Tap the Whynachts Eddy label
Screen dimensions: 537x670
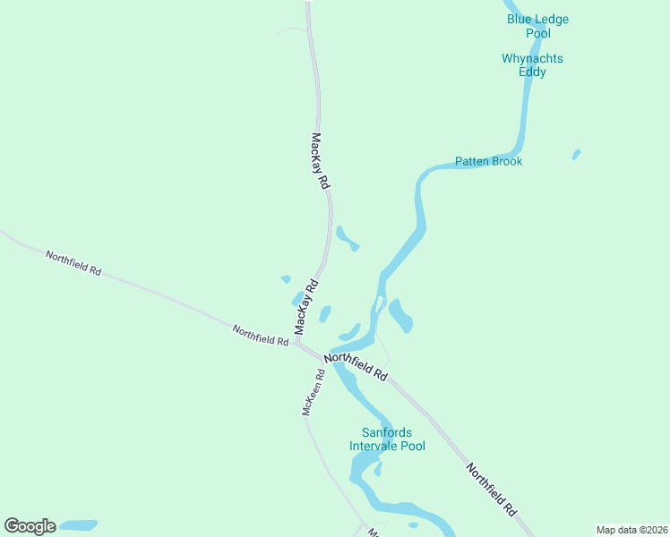click(x=532, y=65)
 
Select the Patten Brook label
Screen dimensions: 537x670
click(x=488, y=162)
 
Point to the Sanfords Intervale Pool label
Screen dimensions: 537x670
click(x=387, y=439)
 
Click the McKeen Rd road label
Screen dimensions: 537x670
click(x=313, y=392)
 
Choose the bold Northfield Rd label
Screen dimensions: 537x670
click(x=356, y=367)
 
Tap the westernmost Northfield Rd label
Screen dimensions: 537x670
click(x=73, y=263)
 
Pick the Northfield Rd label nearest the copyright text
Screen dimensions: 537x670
click(x=492, y=489)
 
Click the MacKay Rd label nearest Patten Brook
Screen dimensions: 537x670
click(x=321, y=161)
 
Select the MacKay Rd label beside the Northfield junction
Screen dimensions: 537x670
click(x=307, y=307)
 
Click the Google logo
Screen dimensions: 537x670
click(x=30, y=526)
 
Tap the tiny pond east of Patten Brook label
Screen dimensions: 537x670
click(x=576, y=154)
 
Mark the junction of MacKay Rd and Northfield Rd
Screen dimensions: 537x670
click(x=297, y=343)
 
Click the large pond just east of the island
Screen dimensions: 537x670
click(x=400, y=315)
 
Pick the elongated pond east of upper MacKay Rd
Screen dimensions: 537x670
click(x=347, y=239)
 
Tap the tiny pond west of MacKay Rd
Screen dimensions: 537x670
click(x=286, y=279)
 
